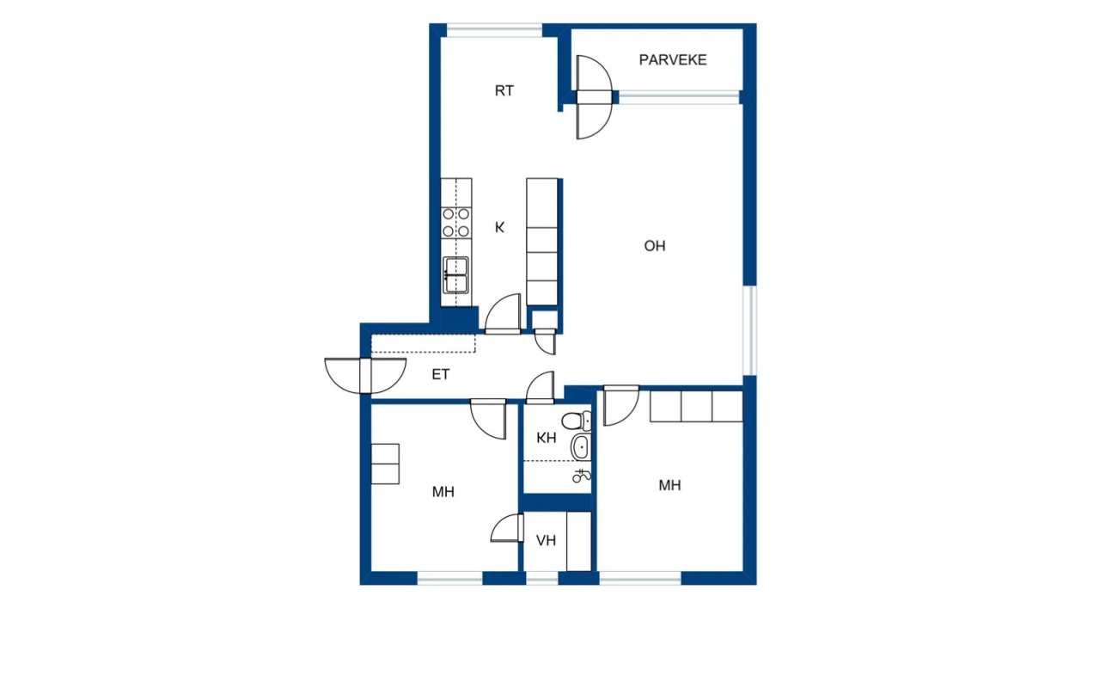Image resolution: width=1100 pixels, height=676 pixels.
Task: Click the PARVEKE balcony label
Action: [672, 60]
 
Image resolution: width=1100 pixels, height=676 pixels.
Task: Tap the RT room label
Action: [504, 90]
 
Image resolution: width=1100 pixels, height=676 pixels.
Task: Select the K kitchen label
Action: [499, 228]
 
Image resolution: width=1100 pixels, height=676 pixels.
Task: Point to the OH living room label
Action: [655, 246]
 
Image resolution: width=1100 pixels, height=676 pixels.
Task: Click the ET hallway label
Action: [441, 375]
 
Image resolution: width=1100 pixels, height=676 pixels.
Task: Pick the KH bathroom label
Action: [547, 438]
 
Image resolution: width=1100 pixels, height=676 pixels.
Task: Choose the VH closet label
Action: [546, 541]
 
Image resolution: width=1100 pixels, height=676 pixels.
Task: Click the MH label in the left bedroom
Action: [443, 492]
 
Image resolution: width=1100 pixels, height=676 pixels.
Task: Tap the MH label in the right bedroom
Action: [669, 485]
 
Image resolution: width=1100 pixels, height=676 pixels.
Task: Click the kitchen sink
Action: [456, 276]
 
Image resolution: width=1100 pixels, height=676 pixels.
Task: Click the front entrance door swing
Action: [365, 376]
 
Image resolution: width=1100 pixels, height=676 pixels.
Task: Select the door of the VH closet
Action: [508, 528]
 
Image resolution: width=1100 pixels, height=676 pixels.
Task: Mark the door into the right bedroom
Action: [620, 405]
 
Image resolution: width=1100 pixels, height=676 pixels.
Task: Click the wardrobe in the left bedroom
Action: [385, 464]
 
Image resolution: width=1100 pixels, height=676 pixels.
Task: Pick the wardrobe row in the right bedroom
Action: [696, 406]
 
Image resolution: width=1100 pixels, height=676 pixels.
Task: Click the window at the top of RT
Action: [494, 31]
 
